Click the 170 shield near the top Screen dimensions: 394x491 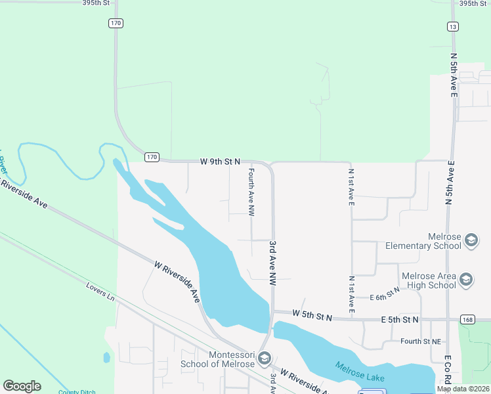point(116,23)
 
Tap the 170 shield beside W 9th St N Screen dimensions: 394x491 point(152,157)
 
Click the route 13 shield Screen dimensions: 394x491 point(453,26)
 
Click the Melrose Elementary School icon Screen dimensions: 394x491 point(471,240)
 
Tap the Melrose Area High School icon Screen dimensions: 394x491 point(466,280)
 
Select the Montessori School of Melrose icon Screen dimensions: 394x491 point(264,359)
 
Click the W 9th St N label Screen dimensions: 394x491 point(221,161)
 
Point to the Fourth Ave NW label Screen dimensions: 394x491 point(251,192)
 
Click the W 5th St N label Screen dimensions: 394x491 point(312,317)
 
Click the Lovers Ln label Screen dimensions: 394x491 point(100,292)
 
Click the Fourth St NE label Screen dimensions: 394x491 point(420,341)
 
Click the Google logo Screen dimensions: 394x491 point(22,386)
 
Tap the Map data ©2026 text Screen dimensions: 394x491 point(463,389)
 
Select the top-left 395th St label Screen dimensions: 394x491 point(96,3)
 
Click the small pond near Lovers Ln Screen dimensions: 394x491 point(106,358)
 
